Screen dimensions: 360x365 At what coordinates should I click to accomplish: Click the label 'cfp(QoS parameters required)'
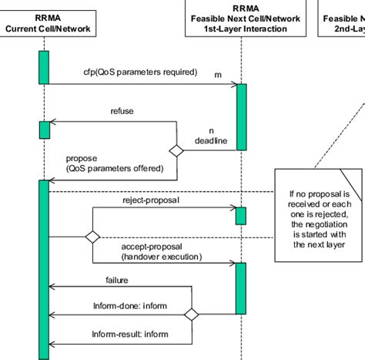(x=140, y=72)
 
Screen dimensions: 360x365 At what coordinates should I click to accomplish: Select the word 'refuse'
(x=122, y=111)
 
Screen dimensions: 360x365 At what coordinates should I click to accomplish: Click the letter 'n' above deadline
(x=211, y=130)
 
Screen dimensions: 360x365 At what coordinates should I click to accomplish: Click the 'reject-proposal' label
(x=150, y=200)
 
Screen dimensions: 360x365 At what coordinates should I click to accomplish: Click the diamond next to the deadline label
(x=177, y=151)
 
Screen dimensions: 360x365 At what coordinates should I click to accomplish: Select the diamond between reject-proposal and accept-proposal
(x=92, y=237)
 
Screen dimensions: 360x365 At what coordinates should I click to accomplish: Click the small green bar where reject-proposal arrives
(x=240, y=216)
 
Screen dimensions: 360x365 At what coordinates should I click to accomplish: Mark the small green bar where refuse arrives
(x=44, y=129)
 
